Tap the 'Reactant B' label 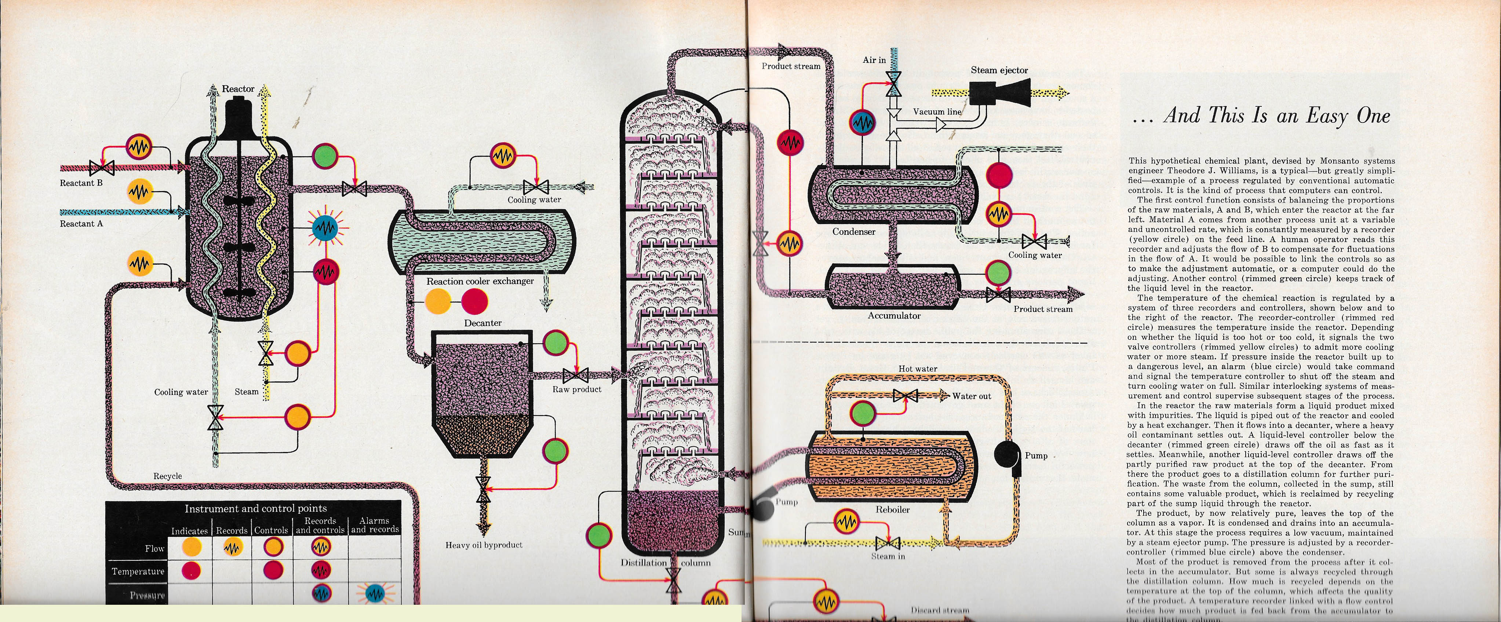click(81, 183)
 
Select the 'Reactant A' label click(81, 224)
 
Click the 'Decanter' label click(482, 323)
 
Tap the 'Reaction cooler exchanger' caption click(480, 281)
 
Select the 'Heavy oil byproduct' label click(484, 545)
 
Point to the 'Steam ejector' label click(999, 70)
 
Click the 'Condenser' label click(854, 232)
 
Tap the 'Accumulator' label click(894, 316)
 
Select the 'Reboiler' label click(892, 510)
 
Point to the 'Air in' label click(874, 60)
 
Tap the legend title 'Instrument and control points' click(255, 508)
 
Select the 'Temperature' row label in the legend click(138, 571)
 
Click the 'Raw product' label click(576, 389)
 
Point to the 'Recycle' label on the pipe click(167, 476)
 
